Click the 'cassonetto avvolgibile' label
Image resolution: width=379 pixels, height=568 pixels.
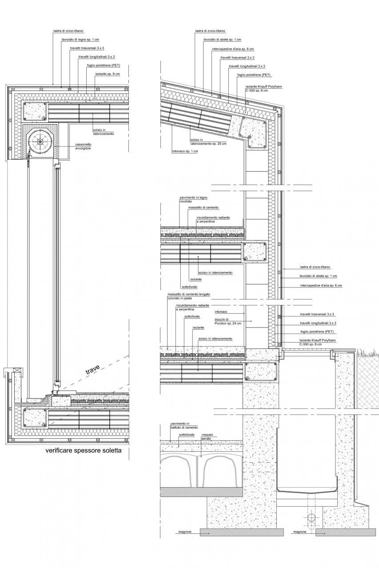tap(83, 146)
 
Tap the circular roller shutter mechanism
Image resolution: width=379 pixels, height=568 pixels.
tap(40, 141)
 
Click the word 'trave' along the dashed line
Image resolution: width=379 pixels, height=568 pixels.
tap(93, 370)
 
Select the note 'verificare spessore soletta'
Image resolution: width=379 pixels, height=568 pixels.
tap(84, 450)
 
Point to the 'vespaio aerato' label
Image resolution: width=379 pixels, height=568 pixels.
tap(207, 436)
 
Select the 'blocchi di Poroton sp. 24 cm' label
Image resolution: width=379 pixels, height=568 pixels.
tap(228, 322)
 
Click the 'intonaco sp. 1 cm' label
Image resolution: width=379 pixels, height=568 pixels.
tap(185, 151)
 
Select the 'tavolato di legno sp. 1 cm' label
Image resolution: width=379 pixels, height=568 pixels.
tap(80, 39)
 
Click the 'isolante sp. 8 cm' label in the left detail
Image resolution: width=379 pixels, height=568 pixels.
tap(108, 74)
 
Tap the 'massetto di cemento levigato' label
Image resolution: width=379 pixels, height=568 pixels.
tap(189, 294)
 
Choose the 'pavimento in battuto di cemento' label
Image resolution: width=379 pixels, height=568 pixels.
tap(184, 426)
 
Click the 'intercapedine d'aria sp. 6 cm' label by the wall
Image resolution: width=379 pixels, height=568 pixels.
tap(321, 285)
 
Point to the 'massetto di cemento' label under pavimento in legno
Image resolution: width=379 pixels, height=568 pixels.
tap(203, 207)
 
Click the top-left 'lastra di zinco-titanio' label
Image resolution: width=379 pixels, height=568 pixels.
tap(68, 31)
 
